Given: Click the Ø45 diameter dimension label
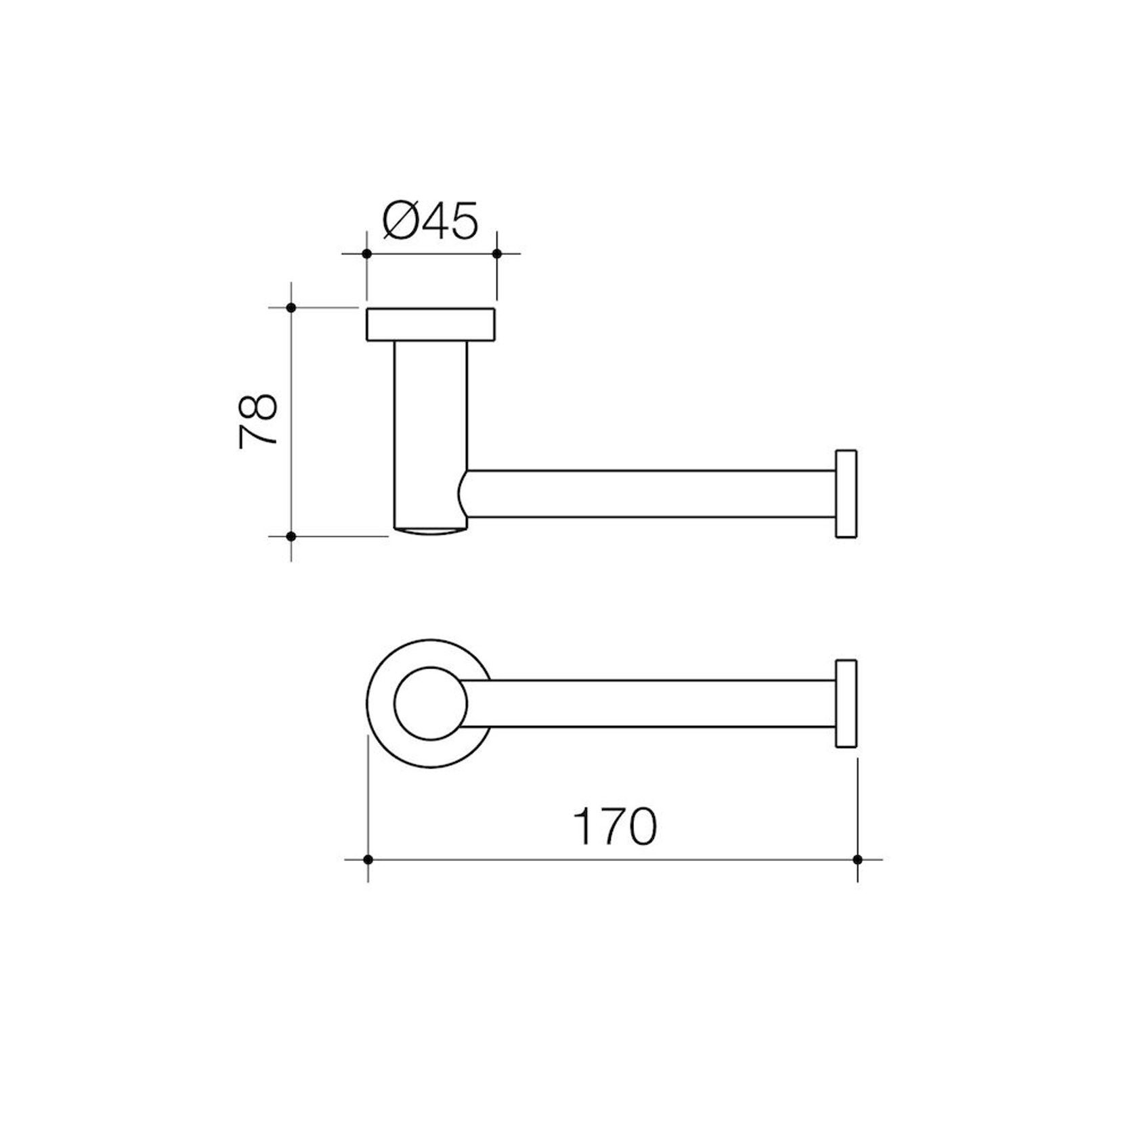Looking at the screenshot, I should [x=430, y=220].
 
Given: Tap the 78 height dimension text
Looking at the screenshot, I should [x=259, y=420].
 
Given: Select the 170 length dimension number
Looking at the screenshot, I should [x=614, y=826].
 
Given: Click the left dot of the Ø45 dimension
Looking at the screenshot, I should [x=366, y=253].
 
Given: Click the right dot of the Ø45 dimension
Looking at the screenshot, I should [x=496, y=253].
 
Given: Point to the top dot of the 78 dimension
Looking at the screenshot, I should [x=291, y=307].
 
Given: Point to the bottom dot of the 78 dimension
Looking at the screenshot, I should [x=291, y=536].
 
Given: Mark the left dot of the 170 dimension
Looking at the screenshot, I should [x=368, y=859].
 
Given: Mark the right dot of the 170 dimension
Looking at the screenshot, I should [x=857, y=859].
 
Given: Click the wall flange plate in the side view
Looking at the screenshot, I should [x=431, y=324].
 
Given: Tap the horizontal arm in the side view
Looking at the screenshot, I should [x=650, y=494].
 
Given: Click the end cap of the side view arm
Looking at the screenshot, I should [x=846, y=494].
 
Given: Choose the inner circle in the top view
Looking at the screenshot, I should [x=431, y=703].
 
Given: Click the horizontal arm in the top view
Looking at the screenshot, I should [x=650, y=703].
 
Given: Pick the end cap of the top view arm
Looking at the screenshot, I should [x=846, y=703].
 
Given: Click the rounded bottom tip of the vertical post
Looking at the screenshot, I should [x=431, y=531].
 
